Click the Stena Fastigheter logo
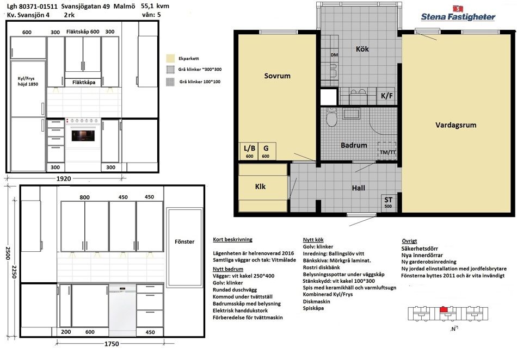pos(458,14)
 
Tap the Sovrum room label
pos(278,76)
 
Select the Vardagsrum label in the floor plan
pos(456,125)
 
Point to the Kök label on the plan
pos(362,49)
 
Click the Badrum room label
pos(354,145)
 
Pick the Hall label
pos(359,188)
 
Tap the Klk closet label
pos(260,187)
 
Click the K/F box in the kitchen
pos(387,96)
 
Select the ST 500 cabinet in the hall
pos(389,202)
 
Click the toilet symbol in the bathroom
pos(331,117)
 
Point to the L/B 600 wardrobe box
pos(249,151)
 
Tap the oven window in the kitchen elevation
pos(83,135)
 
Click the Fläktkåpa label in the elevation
pos(84,82)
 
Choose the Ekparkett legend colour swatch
pos(170,58)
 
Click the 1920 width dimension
pos(64,178)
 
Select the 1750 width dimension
pos(112,344)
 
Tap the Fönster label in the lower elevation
pos(184,241)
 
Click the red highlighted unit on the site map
pos(444,309)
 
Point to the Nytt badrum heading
pos(228,269)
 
